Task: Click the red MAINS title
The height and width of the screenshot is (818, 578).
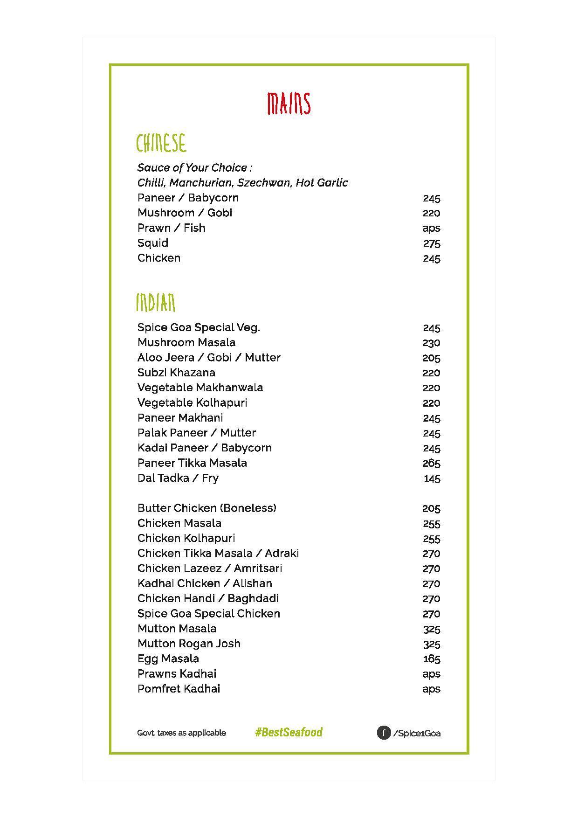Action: pyautogui.click(x=289, y=104)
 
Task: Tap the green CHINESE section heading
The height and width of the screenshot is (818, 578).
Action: pyautogui.click(x=161, y=143)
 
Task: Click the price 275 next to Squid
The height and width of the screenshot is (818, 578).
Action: pyautogui.click(x=431, y=243)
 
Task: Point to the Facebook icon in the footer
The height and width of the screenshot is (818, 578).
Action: pyautogui.click(x=383, y=733)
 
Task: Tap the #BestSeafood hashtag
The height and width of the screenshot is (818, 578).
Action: pyautogui.click(x=289, y=732)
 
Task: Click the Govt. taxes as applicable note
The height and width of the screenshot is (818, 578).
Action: pyautogui.click(x=181, y=733)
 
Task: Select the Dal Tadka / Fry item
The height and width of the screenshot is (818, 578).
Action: pyautogui.click(x=178, y=478)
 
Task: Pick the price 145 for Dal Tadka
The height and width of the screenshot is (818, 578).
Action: pyautogui.click(x=432, y=478)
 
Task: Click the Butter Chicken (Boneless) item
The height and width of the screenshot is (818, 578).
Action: pyautogui.click(x=206, y=508)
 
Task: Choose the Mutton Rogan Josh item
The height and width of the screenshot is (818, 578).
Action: pyautogui.click(x=189, y=644)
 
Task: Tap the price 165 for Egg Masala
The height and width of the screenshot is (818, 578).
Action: pyautogui.click(x=431, y=659)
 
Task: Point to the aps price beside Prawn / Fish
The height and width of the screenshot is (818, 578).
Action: pyautogui.click(x=431, y=229)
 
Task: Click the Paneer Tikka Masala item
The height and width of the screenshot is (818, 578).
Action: pyautogui.click(x=192, y=463)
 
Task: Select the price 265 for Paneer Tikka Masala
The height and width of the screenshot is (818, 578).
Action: pyautogui.click(x=431, y=464)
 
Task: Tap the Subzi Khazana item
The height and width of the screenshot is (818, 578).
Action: pyautogui.click(x=176, y=373)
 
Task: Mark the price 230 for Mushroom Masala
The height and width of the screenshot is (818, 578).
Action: pyautogui.click(x=431, y=343)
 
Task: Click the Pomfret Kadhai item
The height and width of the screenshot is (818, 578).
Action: pyautogui.click(x=179, y=689)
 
